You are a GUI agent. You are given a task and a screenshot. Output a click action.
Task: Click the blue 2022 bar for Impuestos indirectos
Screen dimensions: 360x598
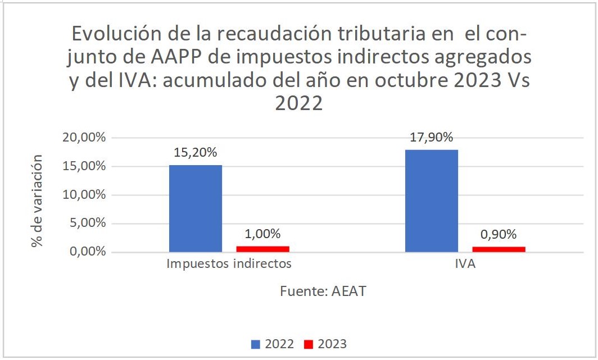[x=196, y=208]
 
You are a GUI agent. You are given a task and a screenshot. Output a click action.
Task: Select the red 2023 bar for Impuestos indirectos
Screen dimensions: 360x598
[x=263, y=249]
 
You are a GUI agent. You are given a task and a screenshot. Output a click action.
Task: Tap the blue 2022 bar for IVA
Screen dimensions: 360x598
[x=432, y=200]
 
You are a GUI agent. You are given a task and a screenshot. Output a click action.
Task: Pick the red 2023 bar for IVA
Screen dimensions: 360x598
[x=499, y=249]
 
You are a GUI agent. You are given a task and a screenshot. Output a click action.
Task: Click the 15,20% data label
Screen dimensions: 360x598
[x=196, y=152]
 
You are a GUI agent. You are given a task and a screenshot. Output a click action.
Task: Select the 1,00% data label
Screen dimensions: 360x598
[x=263, y=234]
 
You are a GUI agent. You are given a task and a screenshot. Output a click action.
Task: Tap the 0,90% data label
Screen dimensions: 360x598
[x=499, y=234]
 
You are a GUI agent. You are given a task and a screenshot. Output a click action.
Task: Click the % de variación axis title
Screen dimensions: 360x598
[x=37, y=201]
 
